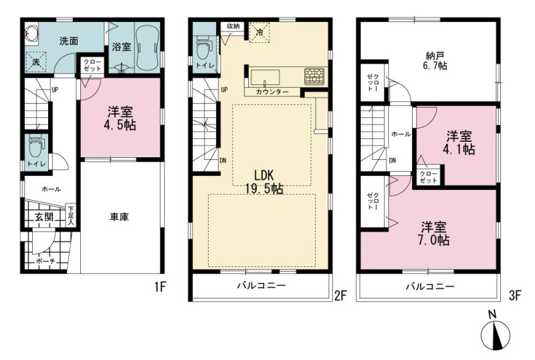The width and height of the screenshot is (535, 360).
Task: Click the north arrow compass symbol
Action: (x=496, y=331)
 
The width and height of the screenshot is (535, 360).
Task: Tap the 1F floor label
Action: (x=159, y=287)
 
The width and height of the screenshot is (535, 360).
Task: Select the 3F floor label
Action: (x=515, y=295)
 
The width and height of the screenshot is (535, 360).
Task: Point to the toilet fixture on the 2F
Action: (x=204, y=46)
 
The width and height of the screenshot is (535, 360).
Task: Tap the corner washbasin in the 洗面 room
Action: (x=31, y=34)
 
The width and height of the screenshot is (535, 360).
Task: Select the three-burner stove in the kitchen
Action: (x=314, y=76)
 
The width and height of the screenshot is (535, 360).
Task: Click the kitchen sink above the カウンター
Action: (x=265, y=78)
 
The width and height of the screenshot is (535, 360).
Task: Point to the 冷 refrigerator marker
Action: (x=259, y=32)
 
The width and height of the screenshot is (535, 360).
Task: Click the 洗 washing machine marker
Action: (x=36, y=62)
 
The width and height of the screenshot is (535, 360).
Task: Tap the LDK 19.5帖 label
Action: (x=264, y=182)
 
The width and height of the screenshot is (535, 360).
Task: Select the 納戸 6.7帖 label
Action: (x=435, y=61)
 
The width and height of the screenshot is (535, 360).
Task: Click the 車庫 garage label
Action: (x=119, y=217)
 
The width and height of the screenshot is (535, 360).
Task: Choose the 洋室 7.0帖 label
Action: (x=433, y=234)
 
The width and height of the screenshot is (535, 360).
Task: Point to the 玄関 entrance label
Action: (x=44, y=217)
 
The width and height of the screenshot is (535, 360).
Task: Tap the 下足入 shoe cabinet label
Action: (x=71, y=215)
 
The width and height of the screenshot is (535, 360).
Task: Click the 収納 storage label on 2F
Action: (x=233, y=26)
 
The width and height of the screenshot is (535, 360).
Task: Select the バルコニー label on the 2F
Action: (x=261, y=286)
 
